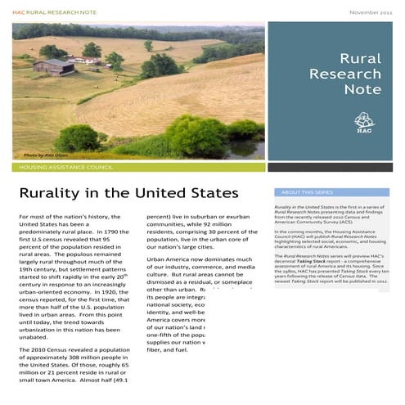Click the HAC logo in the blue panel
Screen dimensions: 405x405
coord(364,122)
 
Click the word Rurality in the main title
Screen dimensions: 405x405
coord(52,194)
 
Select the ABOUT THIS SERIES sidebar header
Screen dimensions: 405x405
coord(304,192)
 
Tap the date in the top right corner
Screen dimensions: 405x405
coord(372,13)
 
